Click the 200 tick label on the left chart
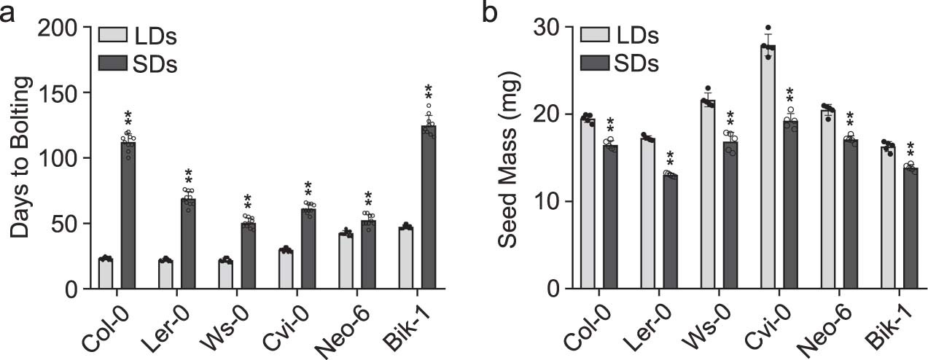click(63, 27)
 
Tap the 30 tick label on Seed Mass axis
click(550, 27)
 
